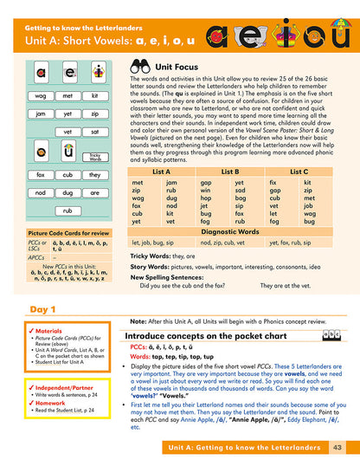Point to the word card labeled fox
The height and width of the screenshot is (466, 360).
pos(41,174)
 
